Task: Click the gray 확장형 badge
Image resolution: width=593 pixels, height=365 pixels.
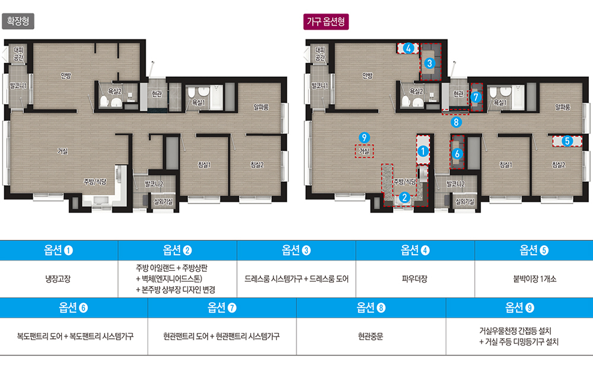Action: click(x=18, y=21)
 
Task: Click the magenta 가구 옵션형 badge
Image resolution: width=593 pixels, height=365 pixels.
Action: click(x=326, y=21)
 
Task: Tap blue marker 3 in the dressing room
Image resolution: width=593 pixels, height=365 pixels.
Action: click(x=429, y=64)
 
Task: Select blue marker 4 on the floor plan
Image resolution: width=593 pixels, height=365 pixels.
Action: click(x=408, y=49)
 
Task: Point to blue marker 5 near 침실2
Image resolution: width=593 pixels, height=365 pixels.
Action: click(x=567, y=141)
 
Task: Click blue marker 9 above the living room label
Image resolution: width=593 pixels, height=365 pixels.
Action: click(x=364, y=138)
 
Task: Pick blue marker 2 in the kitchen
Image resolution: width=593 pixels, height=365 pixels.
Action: click(x=404, y=197)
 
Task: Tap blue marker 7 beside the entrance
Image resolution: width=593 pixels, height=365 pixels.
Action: click(x=476, y=97)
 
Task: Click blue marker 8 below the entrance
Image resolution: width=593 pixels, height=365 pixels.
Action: click(x=456, y=122)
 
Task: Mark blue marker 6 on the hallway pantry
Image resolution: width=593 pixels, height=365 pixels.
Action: click(x=457, y=154)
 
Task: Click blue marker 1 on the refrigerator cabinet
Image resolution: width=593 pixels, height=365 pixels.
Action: click(x=423, y=151)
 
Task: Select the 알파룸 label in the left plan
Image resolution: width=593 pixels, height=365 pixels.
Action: click(x=261, y=107)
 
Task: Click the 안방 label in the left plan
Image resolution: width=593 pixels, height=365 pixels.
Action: click(x=66, y=76)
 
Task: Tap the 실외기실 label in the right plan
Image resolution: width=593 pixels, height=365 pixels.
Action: click(x=465, y=202)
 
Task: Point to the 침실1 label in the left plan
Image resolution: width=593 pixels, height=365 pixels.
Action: click(x=204, y=165)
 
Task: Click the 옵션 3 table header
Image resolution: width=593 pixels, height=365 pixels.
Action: click(x=296, y=250)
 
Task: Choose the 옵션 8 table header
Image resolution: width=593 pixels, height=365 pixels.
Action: click(x=371, y=308)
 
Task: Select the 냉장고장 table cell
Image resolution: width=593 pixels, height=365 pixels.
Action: click(x=58, y=279)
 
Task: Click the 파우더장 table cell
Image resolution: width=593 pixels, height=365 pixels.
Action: click(x=415, y=279)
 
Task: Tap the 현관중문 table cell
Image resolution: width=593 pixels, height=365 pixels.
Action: click(x=371, y=337)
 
